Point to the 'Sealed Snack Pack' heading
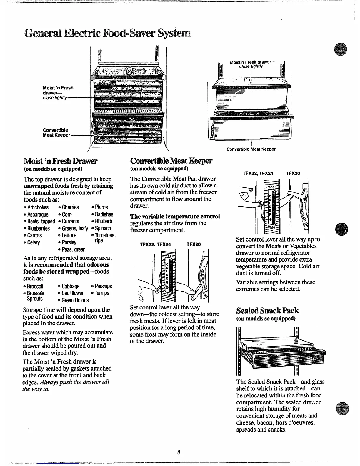click(x=267, y=311)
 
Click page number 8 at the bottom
click(x=179, y=452)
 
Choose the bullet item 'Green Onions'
click(x=75, y=300)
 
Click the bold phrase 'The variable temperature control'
click(x=175, y=217)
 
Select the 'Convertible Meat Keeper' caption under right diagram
click(x=251, y=149)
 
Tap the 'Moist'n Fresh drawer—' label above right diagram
click(x=252, y=62)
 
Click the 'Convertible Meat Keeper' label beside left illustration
click(x=56, y=132)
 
